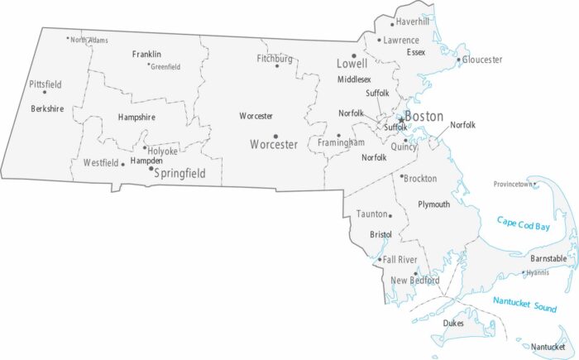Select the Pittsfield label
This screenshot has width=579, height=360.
pyautogui.click(x=45, y=84)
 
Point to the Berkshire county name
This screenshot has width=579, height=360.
pyautogui.click(x=47, y=108)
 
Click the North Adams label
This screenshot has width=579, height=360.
pyautogui.click(x=89, y=40)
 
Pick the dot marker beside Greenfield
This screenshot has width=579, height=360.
pyautogui.click(x=148, y=65)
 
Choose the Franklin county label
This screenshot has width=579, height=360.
pyautogui.click(x=146, y=54)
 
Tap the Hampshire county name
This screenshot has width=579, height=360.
pyautogui.click(x=136, y=118)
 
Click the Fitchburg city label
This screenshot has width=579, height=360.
pyautogui.click(x=275, y=59)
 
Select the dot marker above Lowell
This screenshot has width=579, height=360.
pyautogui.click(x=354, y=55)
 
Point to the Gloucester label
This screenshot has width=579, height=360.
pyautogui.click(x=482, y=60)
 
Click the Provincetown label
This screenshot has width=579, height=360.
pyautogui.click(x=513, y=184)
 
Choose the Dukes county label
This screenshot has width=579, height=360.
pyautogui.click(x=453, y=323)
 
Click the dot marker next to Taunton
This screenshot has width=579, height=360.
pyautogui.click(x=390, y=215)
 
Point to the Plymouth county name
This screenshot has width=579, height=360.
pyautogui.click(x=433, y=204)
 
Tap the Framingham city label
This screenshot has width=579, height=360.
pyautogui.click(x=341, y=143)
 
